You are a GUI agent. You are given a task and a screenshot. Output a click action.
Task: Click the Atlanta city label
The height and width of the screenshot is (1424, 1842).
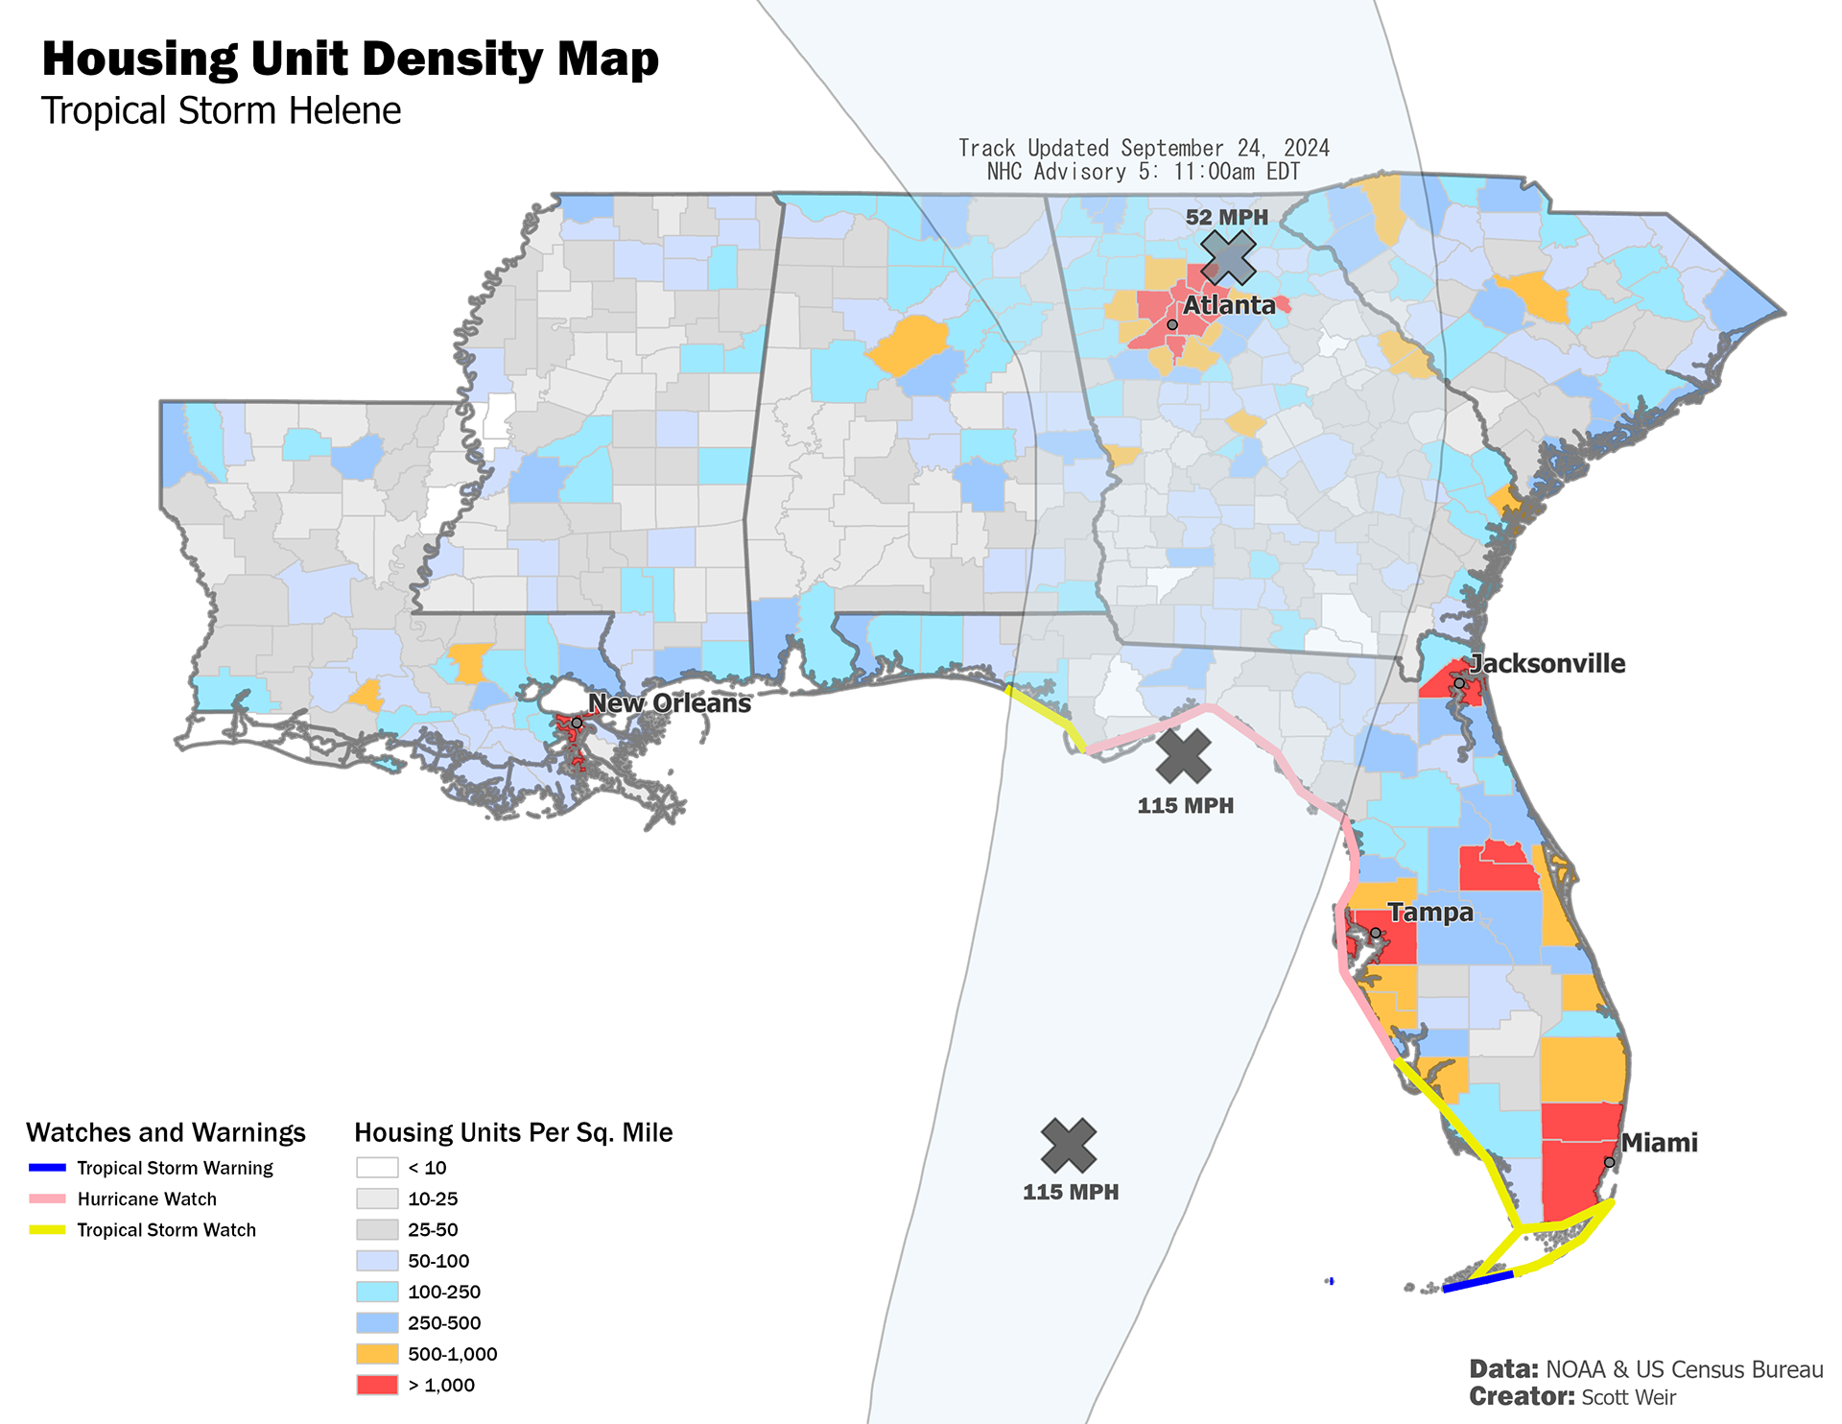(x=1229, y=305)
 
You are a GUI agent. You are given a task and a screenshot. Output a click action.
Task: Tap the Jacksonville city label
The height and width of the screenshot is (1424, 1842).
(x=1547, y=663)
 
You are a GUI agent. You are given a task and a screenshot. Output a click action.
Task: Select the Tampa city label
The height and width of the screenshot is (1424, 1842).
(x=1430, y=912)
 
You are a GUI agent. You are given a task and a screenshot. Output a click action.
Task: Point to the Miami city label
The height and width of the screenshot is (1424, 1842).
(x=1659, y=1142)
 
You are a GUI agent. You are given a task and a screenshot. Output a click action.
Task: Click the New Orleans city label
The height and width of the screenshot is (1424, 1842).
(x=670, y=702)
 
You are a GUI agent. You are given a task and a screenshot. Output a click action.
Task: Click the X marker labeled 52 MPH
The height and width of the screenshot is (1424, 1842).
(x=1228, y=257)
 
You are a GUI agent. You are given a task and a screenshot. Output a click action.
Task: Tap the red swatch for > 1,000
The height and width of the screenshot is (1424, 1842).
(x=377, y=1385)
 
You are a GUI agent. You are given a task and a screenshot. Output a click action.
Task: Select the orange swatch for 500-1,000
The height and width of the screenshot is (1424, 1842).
(x=377, y=1354)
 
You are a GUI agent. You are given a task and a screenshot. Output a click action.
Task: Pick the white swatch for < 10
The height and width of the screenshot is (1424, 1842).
(x=377, y=1168)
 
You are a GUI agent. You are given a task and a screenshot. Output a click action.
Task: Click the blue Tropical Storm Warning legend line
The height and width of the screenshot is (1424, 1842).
(x=47, y=1168)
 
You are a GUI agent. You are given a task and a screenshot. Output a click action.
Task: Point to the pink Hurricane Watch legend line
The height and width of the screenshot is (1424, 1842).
(x=47, y=1199)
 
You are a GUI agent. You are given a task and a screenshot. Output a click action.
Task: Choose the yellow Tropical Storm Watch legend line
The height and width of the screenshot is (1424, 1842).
(x=47, y=1230)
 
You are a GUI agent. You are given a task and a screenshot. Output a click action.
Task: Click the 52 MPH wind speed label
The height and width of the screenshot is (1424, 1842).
(x=1226, y=217)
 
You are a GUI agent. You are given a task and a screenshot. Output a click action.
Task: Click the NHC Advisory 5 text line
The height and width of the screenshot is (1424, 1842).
(x=1144, y=172)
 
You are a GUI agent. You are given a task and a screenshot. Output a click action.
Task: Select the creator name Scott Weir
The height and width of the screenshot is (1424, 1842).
(x=1628, y=1397)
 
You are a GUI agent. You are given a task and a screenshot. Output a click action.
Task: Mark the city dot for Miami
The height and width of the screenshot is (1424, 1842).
(x=1609, y=1162)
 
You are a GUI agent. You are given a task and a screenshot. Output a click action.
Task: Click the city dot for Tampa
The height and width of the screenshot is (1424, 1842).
(x=1375, y=933)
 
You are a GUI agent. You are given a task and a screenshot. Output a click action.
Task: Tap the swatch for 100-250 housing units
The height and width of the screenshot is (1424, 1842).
(x=377, y=1292)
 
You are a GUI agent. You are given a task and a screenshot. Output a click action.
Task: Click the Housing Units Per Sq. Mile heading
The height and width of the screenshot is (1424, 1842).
(x=513, y=1132)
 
